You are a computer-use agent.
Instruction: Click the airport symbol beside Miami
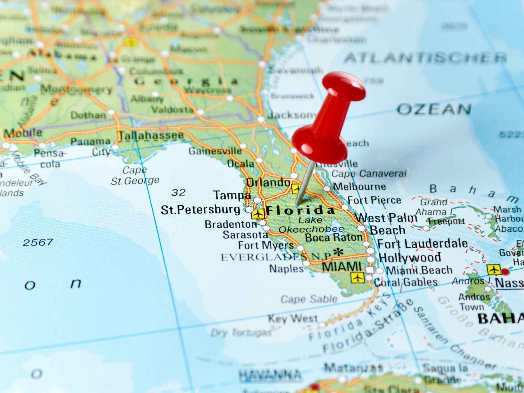[357, 277]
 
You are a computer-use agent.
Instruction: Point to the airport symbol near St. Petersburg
[258, 214]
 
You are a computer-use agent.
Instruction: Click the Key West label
[292, 318]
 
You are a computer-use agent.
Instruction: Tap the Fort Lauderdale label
[422, 244]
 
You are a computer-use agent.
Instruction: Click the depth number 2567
[38, 242]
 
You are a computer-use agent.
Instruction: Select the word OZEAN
[434, 109]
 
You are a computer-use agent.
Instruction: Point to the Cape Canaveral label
[369, 174]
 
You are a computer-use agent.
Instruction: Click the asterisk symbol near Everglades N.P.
[338, 252]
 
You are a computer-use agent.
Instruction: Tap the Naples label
[286, 268]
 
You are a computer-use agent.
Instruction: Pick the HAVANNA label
[270, 374]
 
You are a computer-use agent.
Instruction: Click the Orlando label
[268, 182]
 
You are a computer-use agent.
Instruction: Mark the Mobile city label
[23, 133]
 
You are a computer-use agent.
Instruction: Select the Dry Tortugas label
[241, 332]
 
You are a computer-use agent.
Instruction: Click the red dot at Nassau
[505, 272]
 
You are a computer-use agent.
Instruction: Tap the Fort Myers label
[266, 245]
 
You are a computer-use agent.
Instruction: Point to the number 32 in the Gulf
[178, 192]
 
